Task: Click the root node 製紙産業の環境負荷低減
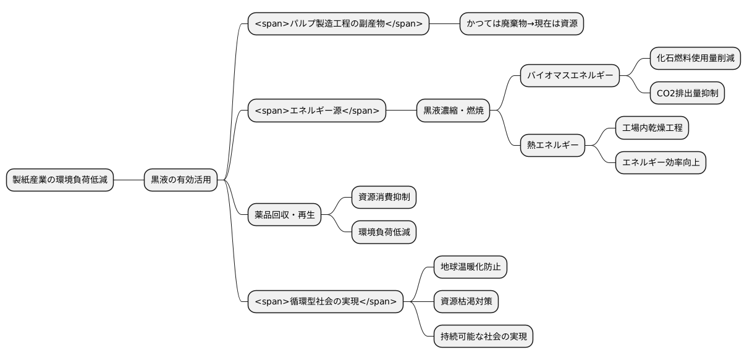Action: tap(60, 180)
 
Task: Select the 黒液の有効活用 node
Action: tap(180, 180)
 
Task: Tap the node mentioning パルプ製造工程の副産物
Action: tap(338, 24)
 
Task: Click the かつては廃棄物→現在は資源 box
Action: tap(521, 24)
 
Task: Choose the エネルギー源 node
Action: tap(317, 111)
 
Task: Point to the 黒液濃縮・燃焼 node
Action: tap(453, 111)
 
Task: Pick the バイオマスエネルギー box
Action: tap(570, 76)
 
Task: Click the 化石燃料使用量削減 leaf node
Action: tap(695, 59)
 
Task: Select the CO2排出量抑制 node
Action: tap(687, 93)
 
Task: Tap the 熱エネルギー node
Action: tap(552, 145)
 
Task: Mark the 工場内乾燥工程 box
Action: tap(652, 128)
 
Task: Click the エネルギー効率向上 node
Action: tap(660, 162)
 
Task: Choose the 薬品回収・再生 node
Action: tap(284, 214)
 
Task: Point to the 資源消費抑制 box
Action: tap(384, 197)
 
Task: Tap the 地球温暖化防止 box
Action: tap(471, 267)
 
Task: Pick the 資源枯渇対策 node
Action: tap(466, 302)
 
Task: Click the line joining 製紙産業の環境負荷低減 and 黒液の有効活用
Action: tap(129, 180)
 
